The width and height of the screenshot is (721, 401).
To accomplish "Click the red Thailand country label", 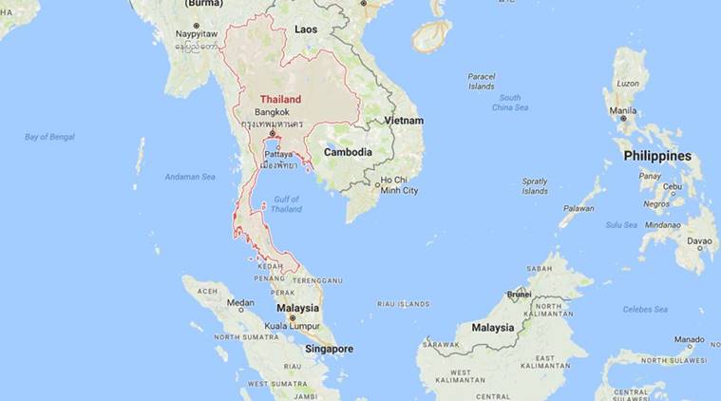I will pyautogui.click(x=281, y=99).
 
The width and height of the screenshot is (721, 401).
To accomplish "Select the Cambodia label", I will pyautogui.click(x=348, y=152).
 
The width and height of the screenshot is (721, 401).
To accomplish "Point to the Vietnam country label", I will pyautogui.click(x=404, y=121).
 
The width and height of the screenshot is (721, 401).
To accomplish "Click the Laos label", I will pyautogui.click(x=306, y=29).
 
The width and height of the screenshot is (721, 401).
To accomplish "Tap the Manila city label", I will pyautogui.click(x=623, y=109).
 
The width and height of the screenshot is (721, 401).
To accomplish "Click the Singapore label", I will pyautogui.click(x=329, y=349).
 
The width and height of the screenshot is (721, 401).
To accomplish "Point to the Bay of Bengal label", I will pyautogui.click(x=49, y=137).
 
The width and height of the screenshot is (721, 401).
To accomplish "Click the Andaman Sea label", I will pyautogui.click(x=190, y=177).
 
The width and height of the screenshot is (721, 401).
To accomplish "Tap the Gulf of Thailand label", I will pyautogui.click(x=287, y=203).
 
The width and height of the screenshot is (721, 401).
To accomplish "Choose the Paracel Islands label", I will pyautogui.click(x=482, y=81).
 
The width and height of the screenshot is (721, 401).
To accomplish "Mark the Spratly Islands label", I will pyautogui.click(x=535, y=185).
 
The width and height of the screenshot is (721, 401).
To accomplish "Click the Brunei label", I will pyautogui.click(x=518, y=295).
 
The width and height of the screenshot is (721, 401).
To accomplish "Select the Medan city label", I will pyautogui.click(x=239, y=303).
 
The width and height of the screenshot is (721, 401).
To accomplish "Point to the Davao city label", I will pyautogui.click(x=701, y=240).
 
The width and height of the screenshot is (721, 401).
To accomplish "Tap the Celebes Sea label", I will pyautogui.click(x=646, y=309).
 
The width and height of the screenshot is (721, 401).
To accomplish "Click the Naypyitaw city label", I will pyautogui.click(x=197, y=34).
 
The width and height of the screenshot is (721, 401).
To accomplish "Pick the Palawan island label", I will pyautogui.click(x=579, y=208).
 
